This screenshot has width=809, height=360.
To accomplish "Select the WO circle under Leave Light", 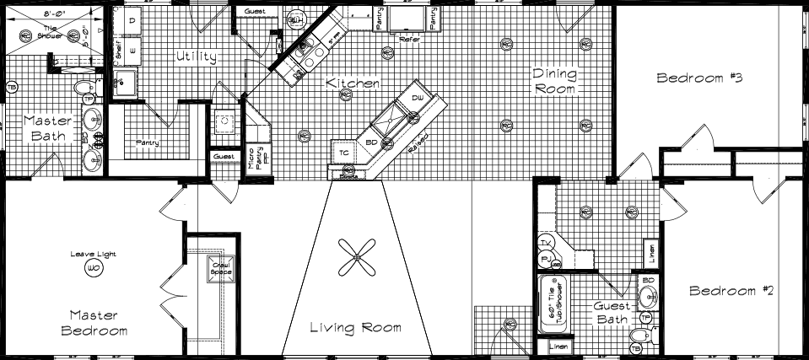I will point(92,268).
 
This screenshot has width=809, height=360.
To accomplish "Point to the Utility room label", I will point(196,57).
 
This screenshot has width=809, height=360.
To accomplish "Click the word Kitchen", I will point(353,83).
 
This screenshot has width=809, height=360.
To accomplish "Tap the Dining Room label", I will point(554,81).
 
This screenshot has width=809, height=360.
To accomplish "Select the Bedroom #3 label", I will point(698,78).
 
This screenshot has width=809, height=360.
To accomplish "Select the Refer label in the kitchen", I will point(410,37).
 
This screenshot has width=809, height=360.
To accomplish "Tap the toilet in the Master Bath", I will point(83,88).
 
